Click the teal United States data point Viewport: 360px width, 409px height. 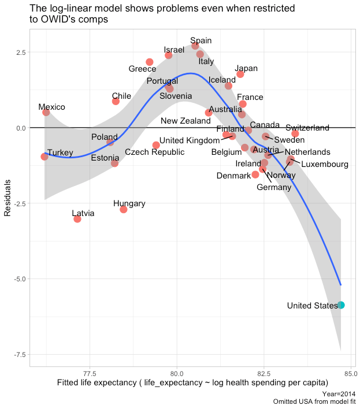pos(341,305)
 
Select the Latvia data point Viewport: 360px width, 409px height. pos(77,219)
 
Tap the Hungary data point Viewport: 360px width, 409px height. pos(123,209)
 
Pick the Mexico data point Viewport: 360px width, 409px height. pos(46,112)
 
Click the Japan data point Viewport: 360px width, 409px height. pos(240,74)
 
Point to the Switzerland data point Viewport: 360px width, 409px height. pos(295,133)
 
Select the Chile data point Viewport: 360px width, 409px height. pos(116,101)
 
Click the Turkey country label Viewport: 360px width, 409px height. pos(60,153)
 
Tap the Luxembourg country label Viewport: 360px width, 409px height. pos(325,164)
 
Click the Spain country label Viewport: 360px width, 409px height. pos(201,40)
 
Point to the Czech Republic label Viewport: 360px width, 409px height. pos(155,152)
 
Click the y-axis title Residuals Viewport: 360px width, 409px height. pos(8,198)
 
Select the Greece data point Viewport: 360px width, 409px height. pos(150,62)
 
